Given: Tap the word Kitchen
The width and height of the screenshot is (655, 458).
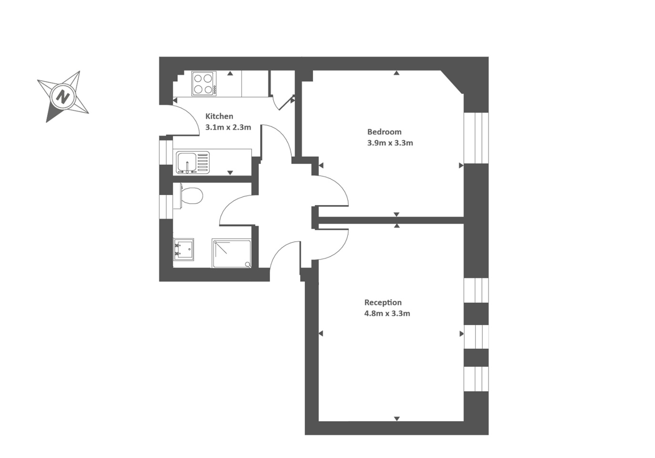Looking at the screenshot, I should tap(219, 116).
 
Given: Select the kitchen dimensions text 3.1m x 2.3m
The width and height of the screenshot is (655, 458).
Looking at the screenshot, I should tap(228, 127).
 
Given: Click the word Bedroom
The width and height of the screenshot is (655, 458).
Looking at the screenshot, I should tap(384, 132).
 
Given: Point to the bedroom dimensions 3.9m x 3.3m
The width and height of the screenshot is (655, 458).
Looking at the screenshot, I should tap(390, 143).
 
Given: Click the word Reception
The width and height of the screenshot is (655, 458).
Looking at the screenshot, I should tap(383, 302).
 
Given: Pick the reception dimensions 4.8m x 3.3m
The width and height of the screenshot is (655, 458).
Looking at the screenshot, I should tap(387, 313).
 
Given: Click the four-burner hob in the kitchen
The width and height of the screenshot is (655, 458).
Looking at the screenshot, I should tap(204, 83).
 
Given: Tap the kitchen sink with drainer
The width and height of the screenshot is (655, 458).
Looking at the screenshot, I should tap(193, 162).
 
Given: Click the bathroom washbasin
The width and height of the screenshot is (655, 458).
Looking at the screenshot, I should tap(184, 249).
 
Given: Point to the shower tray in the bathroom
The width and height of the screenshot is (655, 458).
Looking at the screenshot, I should tap(232, 253).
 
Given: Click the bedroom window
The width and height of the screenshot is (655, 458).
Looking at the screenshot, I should tap(476, 138).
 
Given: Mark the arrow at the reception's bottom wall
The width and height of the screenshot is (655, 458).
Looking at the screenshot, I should tap(397, 418).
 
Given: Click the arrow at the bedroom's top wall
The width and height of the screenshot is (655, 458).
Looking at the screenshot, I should tap(397, 73).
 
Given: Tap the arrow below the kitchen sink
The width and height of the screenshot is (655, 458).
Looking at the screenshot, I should tap(230, 172).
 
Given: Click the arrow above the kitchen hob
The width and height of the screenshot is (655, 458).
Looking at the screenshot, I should tap(230, 73).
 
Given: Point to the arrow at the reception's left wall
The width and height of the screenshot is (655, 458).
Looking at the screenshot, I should tap(321, 333).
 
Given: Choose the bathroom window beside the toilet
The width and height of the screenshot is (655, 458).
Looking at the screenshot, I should tap(166, 204).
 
